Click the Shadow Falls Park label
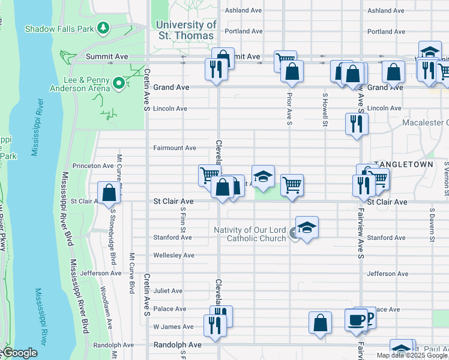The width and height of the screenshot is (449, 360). [60, 28]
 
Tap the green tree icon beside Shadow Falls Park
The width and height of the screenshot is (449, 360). [104, 28]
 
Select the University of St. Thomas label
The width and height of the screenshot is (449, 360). [185, 30]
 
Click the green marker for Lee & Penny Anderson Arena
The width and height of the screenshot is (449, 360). [119, 83]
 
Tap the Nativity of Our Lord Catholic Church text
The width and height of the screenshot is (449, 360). [251, 234]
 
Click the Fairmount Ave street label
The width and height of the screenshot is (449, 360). [175, 148]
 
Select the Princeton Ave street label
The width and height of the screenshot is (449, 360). [92, 166]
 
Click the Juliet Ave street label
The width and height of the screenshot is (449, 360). [168, 291]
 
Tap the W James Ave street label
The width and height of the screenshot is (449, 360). [173, 327]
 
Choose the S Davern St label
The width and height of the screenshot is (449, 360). [432, 224]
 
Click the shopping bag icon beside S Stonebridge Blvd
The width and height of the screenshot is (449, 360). [109, 193]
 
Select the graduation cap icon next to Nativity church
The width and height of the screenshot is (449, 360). [307, 227]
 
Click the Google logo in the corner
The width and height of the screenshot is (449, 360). [20, 353]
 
